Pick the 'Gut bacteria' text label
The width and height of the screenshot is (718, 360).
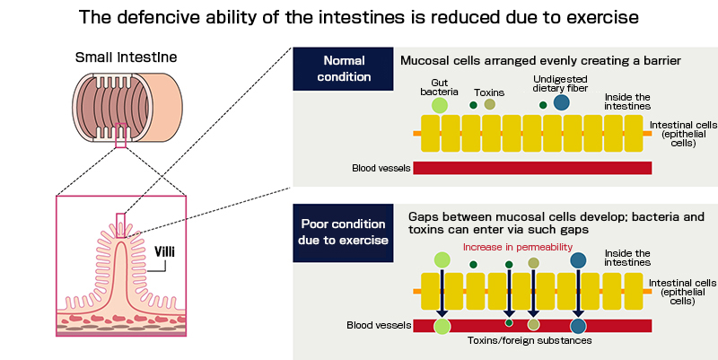coord(439,86)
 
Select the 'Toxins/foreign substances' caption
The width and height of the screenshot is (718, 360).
coord(523,340)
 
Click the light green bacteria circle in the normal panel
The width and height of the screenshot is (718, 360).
coord(439,105)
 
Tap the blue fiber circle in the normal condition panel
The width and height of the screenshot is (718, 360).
coord(561,104)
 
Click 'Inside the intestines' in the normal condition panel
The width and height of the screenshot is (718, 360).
coord(627,102)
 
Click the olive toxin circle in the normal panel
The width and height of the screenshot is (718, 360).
coord(489,105)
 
